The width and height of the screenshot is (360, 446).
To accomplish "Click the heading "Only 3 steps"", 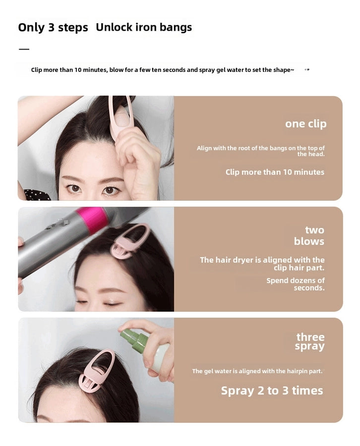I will (53, 27).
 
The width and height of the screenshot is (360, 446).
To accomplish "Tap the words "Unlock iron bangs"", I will (144, 27).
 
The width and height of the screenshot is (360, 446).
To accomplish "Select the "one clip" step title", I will (305, 124).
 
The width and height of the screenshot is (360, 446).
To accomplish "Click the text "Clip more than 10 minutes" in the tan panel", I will (275, 172).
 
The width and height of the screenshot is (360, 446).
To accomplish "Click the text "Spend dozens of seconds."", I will (296, 284).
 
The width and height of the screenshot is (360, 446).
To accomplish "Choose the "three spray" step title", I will (310, 341).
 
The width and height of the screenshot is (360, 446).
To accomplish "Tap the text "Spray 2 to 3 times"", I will (272, 390).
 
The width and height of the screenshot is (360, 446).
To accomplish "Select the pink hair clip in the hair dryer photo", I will (130, 240).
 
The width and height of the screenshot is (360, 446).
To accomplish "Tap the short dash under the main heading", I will (24, 49).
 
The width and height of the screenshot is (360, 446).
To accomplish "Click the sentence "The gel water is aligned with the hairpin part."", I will (257, 371).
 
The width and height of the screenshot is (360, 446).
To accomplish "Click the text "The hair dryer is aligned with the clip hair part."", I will (262, 264).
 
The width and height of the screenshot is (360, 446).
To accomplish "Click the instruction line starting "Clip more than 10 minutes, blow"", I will (162, 70).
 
